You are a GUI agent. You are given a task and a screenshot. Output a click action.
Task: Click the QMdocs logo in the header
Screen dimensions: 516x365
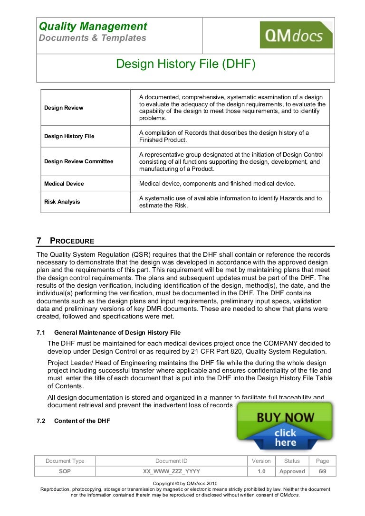click(x=296, y=35)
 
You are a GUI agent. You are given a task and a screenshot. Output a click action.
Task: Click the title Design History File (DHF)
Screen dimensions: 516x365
click(x=186, y=64)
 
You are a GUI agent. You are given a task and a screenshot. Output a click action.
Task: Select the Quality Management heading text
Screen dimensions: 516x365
click(x=93, y=27)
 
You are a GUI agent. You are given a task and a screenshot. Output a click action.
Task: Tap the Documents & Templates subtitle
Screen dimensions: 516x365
click(x=92, y=38)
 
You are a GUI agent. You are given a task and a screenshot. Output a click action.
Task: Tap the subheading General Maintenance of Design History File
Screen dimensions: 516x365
click(x=117, y=333)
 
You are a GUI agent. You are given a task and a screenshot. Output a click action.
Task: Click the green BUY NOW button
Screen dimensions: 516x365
click(x=285, y=417)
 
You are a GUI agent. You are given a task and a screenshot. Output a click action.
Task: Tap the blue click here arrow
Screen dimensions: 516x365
click(x=285, y=438)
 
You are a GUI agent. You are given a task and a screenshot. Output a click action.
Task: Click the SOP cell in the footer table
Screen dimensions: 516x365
click(x=65, y=471)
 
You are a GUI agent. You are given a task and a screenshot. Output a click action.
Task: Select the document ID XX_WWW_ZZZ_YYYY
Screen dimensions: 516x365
click(x=172, y=471)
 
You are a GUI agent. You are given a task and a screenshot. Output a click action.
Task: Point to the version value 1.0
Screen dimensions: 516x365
click(x=261, y=471)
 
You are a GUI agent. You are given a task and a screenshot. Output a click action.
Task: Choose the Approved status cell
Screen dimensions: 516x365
click(x=292, y=471)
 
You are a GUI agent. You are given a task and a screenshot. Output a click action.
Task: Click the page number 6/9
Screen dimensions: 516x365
click(x=322, y=471)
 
